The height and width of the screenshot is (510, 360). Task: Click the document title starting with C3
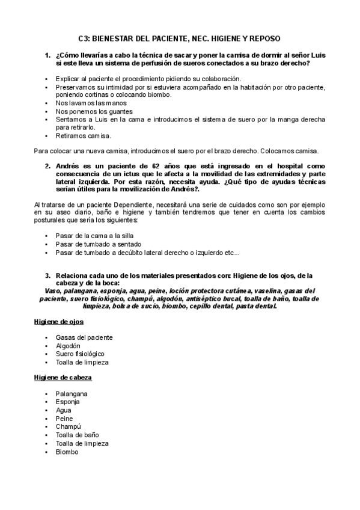[x=180, y=38]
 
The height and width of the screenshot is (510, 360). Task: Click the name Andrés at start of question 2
[x=68, y=165]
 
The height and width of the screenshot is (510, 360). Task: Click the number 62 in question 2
[x=158, y=165]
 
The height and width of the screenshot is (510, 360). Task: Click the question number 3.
[x=47, y=275]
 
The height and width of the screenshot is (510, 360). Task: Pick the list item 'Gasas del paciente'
[x=84, y=337]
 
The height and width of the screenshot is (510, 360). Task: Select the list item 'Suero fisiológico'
[x=80, y=354]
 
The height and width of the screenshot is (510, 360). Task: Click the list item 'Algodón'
[x=68, y=346]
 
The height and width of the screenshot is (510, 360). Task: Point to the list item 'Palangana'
[x=72, y=393]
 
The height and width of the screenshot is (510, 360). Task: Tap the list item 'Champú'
[x=68, y=426]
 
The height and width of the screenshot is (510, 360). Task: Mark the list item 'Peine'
[x=64, y=418]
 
